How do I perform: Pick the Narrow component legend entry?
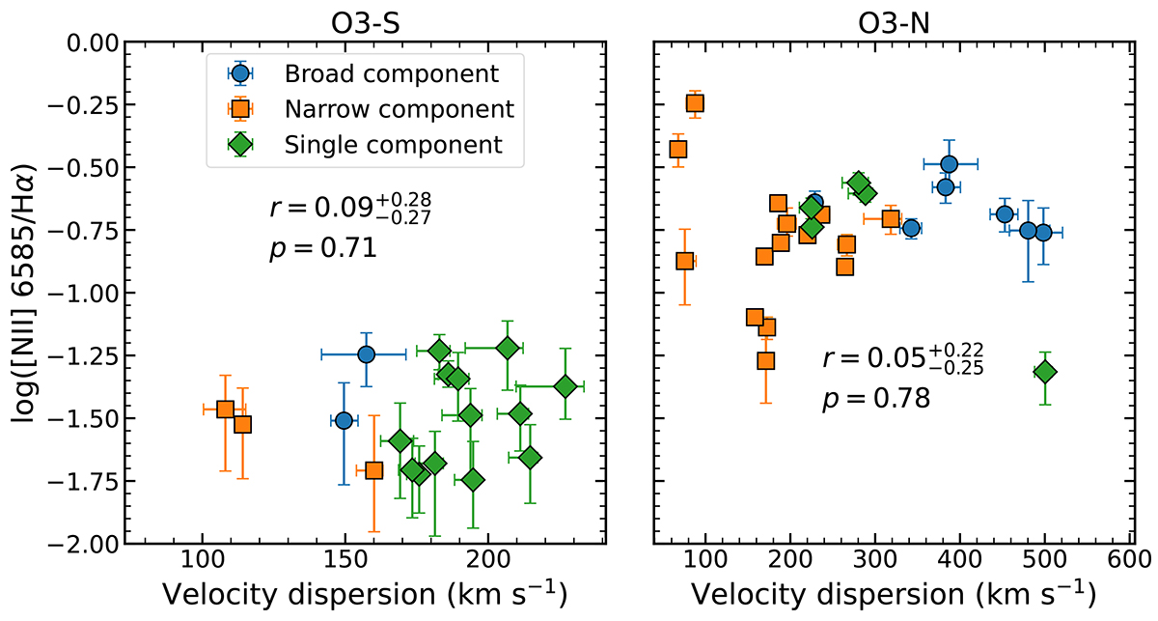pyautogui.click(x=399, y=109)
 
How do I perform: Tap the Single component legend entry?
pyautogui.click(x=394, y=145)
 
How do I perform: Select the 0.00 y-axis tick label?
pyautogui.click(x=88, y=42)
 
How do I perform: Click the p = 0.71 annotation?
pyautogui.click(x=321, y=249)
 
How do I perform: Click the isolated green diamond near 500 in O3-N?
pyautogui.click(x=1044, y=372)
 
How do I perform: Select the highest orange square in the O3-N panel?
pyautogui.click(x=694, y=103)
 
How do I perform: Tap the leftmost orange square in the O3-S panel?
pyautogui.click(x=225, y=409)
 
